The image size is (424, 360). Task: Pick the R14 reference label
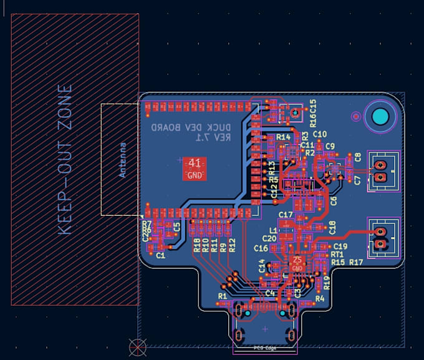[x=284, y=137]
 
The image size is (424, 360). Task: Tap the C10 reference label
[x=320, y=134]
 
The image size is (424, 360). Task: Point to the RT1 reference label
[x=337, y=255]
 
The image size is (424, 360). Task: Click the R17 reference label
[x=356, y=263]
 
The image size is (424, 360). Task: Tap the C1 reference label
[x=161, y=255]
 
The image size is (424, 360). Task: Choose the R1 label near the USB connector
[x=223, y=295]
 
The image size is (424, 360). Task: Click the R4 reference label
[x=320, y=299]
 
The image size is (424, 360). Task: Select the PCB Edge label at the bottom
[x=265, y=348]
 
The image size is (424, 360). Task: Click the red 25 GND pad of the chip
[x=297, y=264]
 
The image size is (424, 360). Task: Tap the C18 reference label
[x=332, y=228]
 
